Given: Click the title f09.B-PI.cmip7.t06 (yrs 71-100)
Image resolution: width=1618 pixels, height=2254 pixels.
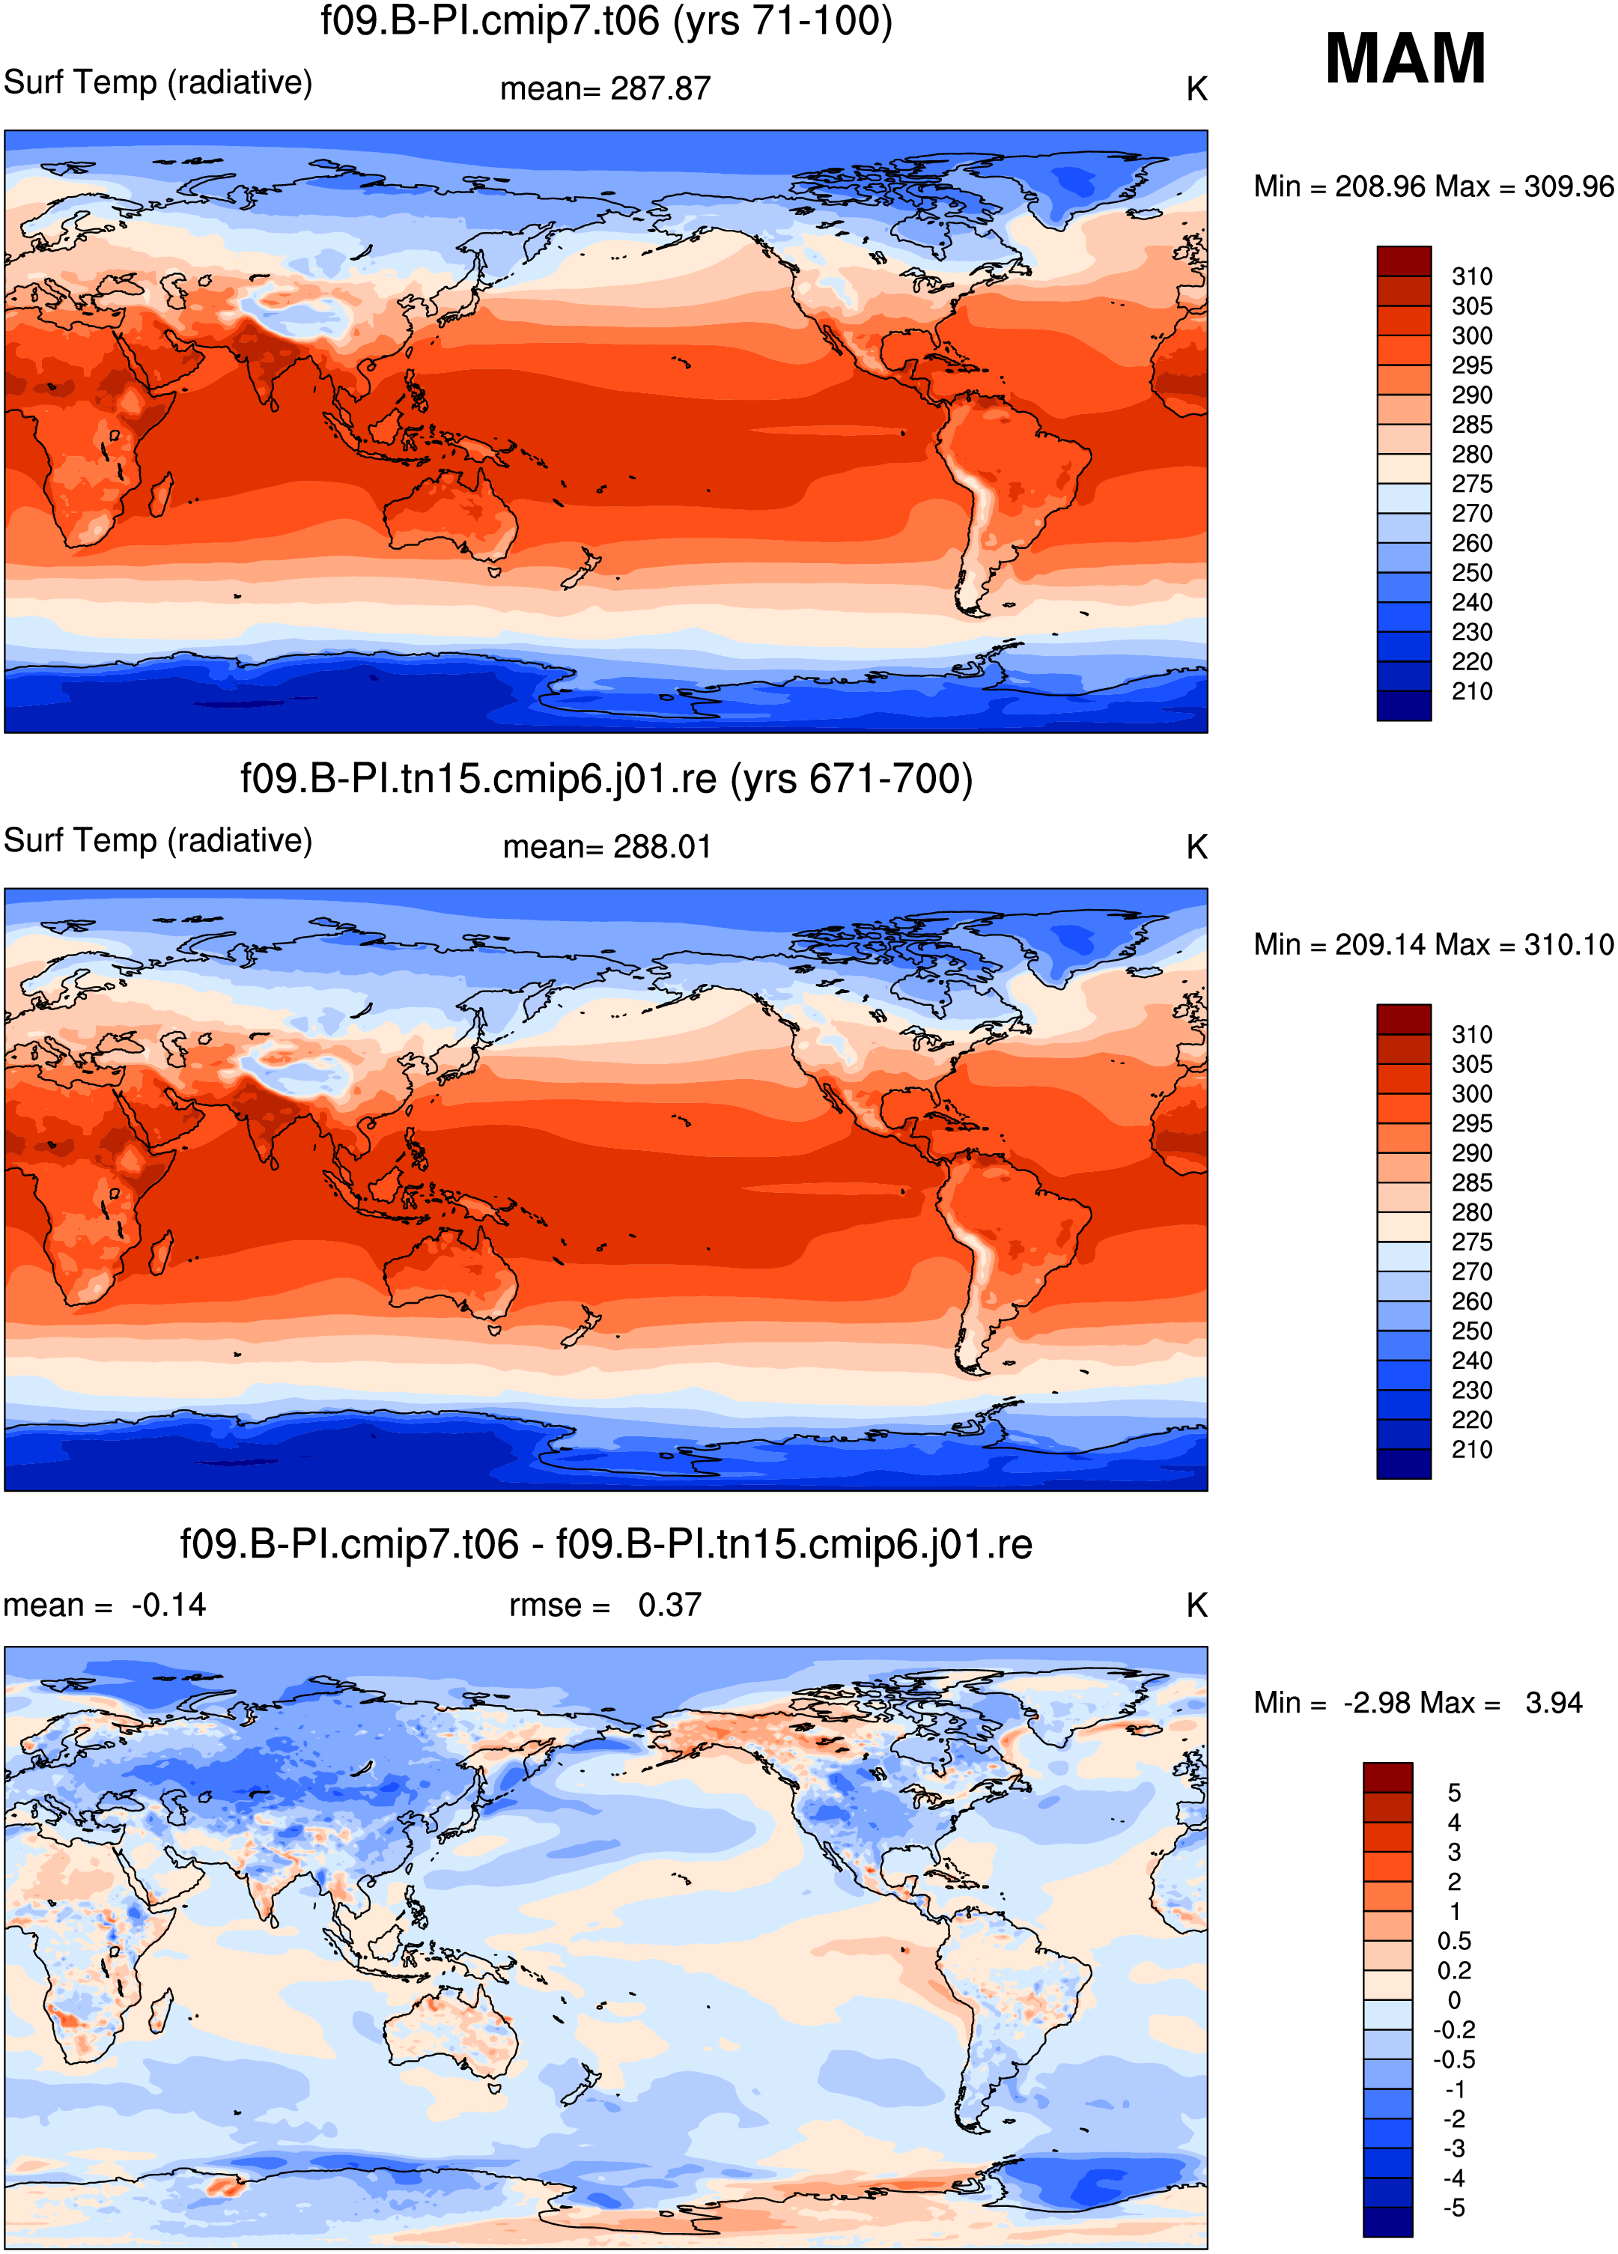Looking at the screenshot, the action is (606, 21).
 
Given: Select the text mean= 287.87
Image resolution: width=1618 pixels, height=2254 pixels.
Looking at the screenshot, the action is (605, 88).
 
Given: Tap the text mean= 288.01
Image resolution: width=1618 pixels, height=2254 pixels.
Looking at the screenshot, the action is (607, 847).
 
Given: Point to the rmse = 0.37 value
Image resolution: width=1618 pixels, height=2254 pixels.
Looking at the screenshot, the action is (605, 1605).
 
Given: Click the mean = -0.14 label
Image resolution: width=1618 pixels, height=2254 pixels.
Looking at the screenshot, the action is (104, 1605).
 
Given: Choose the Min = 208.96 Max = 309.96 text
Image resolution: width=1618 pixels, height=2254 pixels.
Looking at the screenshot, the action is (1433, 187).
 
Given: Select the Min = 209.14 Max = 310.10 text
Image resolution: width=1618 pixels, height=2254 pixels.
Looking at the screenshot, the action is (1433, 944).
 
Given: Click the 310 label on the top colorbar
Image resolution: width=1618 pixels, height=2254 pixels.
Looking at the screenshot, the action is (1472, 276).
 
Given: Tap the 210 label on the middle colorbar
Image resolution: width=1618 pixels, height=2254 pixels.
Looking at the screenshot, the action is (1472, 1449).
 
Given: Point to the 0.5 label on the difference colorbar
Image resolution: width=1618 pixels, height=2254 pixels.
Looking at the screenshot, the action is (1454, 1941).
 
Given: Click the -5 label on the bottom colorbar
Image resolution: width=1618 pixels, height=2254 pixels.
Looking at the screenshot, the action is (1454, 2208).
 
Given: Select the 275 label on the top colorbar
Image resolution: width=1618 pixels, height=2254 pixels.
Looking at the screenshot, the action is (1472, 484).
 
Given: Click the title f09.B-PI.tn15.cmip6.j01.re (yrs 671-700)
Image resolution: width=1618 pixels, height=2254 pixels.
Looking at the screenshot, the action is (606, 778).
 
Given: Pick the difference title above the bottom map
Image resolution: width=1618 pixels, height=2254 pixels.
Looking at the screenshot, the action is (606, 1543).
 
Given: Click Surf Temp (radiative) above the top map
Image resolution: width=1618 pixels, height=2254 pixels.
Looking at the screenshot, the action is (158, 82).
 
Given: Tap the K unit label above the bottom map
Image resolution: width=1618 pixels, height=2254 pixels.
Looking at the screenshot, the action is (1196, 1605).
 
